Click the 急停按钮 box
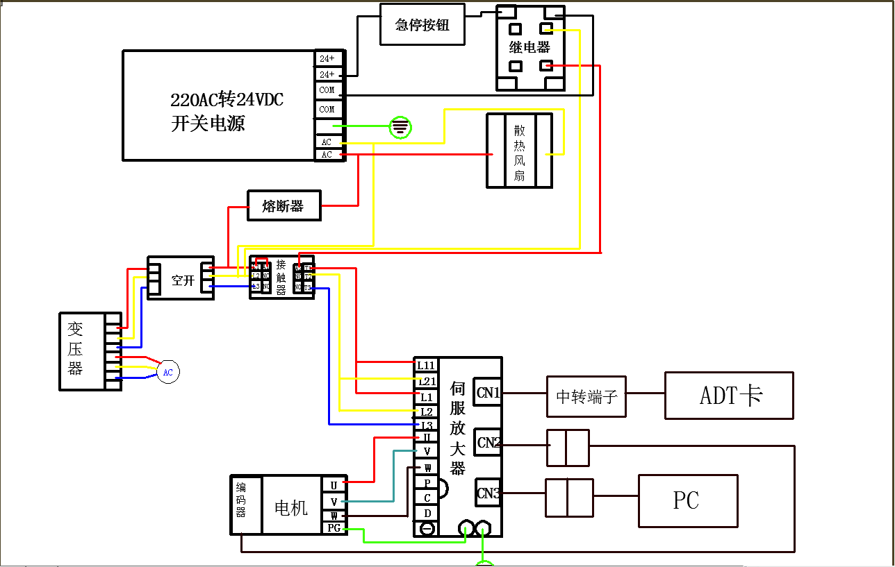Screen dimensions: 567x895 pyautogui.click(x=422, y=24)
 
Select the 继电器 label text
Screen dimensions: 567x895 pyautogui.click(x=529, y=48)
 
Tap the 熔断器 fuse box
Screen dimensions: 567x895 pyautogui.click(x=284, y=206)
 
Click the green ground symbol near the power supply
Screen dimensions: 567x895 pyautogui.click(x=400, y=127)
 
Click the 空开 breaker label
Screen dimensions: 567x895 pyautogui.click(x=182, y=281)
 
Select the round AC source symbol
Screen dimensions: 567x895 pyautogui.click(x=167, y=372)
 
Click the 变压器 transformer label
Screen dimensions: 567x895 pyautogui.click(x=76, y=348)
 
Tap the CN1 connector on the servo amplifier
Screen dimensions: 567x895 pyautogui.click(x=488, y=393)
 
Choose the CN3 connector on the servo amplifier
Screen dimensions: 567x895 pyautogui.click(x=488, y=493)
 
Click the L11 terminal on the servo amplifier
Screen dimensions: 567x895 pyautogui.click(x=425, y=365)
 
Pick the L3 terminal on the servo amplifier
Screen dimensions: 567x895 pyautogui.click(x=426, y=425)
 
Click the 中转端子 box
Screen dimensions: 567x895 pyautogui.click(x=586, y=397)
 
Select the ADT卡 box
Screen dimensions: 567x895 pyautogui.click(x=729, y=396)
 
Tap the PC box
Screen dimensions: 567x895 pyautogui.click(x=687, y=500)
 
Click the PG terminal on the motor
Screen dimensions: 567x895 pyautogui.click(x=334, y=528)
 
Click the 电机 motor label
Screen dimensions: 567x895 pyautogui.click(x=291, y=508)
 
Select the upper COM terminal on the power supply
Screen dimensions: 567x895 pyautogui.click(x=327, y=90)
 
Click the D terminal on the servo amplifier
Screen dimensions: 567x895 pyautogui.click(x=427, y=513)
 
